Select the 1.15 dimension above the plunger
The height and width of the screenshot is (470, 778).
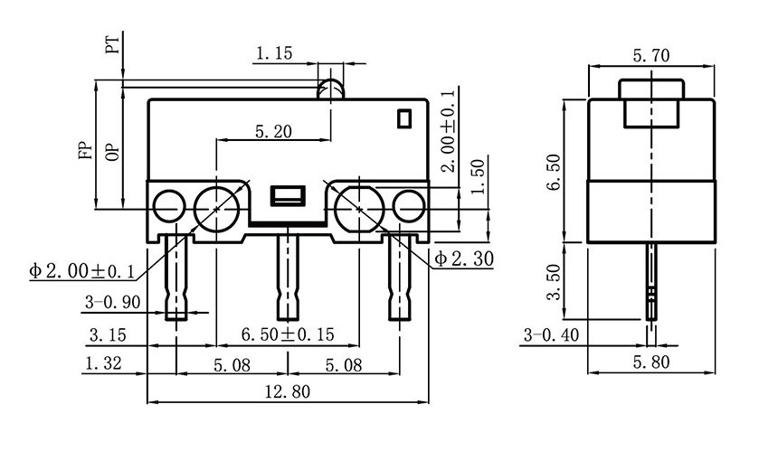273,54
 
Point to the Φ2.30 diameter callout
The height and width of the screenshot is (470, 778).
464,259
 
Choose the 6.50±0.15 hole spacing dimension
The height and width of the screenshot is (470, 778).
288,335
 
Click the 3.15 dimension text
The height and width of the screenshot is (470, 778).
107,335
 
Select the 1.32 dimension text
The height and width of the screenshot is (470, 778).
104,364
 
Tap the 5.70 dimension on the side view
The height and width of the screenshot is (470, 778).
651,56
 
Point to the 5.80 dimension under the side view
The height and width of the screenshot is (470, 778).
651,364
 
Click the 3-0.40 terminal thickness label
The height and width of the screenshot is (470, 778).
551,335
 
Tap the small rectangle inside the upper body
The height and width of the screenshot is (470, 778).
403,117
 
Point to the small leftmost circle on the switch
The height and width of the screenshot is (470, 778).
168,208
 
